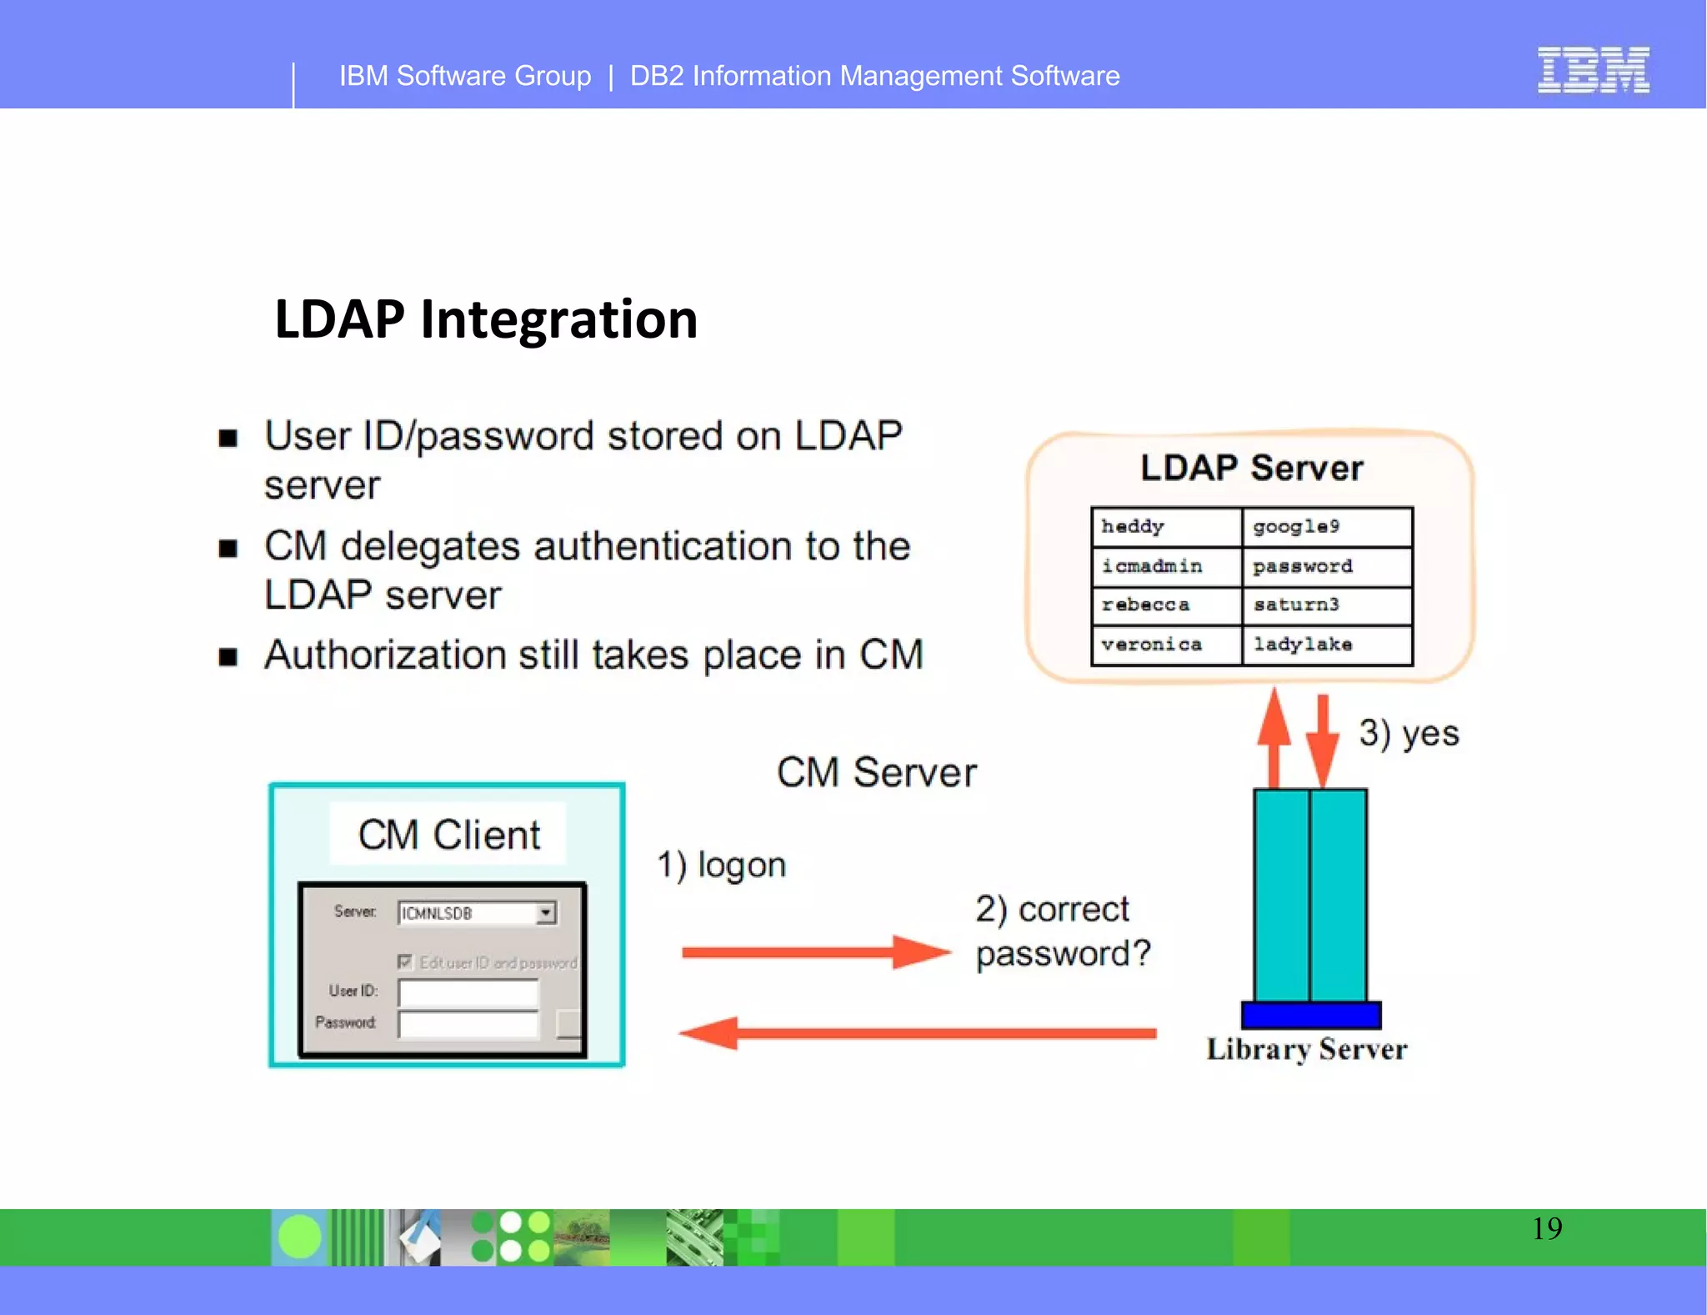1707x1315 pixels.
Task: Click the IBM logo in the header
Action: coord(1593,71)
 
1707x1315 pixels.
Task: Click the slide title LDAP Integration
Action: coord(486,319)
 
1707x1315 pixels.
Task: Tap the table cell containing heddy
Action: coord(1165,527)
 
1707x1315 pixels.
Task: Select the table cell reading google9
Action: coord(1326,527)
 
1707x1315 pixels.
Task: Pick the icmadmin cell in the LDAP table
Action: coord(1165,567)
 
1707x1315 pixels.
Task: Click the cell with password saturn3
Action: coord(1326,605)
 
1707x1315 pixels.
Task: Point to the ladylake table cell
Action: coord(1326,645)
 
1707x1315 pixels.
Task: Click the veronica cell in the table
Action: coord(1165,645)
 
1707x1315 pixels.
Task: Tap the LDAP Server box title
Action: coord(1251,468)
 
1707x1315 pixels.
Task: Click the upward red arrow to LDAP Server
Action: coord(1274,738)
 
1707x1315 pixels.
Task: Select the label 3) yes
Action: coord(1409,734)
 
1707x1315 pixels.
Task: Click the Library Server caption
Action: coord(1306,1050)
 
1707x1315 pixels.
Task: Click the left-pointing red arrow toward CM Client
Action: coord(917,1033)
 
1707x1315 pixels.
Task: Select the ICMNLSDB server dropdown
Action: coord(477,913)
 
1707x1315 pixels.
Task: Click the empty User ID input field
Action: coord(468,992)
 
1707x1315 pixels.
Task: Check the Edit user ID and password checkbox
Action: coord(405,962)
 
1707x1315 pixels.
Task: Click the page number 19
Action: coord(1546,1229)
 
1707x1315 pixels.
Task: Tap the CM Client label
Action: coord(448,835)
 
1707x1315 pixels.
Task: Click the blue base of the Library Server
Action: coord(1310,1015)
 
